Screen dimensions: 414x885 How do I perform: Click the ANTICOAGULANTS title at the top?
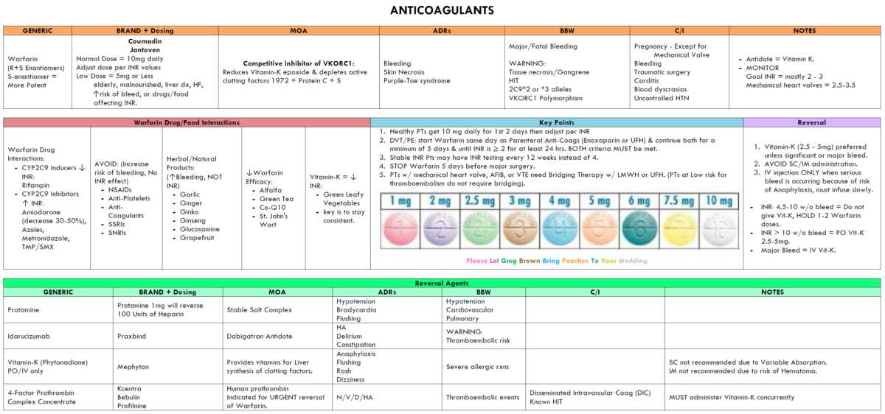[442, 10]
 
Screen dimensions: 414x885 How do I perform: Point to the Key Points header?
[556, 122]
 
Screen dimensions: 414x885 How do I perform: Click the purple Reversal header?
[812, 122]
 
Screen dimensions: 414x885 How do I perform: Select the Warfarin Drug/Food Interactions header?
[186, 122]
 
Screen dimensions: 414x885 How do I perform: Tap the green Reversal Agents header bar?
[441, 283]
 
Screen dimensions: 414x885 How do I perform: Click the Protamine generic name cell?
[23, 310]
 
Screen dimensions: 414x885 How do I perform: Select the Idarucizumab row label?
[29, 336]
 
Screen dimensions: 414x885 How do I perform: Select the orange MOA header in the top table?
[298, 31]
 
